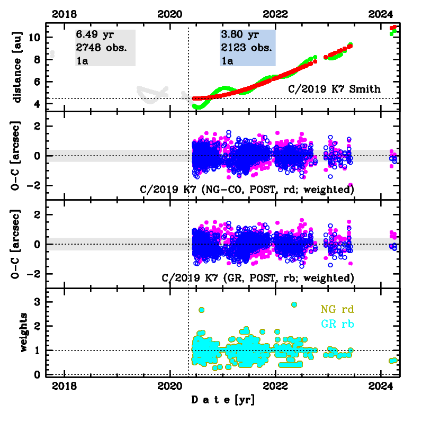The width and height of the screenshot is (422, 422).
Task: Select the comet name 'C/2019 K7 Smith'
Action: (334, 89)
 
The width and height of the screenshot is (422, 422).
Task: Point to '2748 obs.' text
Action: (101, 48)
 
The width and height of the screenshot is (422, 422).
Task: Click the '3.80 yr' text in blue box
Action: (239, 35)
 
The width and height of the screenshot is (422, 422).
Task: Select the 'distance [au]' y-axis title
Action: (17, 66)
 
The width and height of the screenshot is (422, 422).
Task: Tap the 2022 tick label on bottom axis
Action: (276, 385)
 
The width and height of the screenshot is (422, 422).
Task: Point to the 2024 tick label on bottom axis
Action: (381, 385)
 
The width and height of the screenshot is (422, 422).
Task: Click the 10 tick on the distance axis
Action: (37, 37)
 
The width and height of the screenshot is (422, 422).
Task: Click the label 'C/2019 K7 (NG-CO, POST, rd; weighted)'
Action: (247, 189)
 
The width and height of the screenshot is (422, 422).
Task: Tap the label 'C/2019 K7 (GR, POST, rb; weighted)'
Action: (257, 277)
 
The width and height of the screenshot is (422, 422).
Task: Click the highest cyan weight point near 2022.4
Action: (294, 304)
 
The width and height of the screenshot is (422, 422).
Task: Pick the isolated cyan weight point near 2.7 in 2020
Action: (201, 310)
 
